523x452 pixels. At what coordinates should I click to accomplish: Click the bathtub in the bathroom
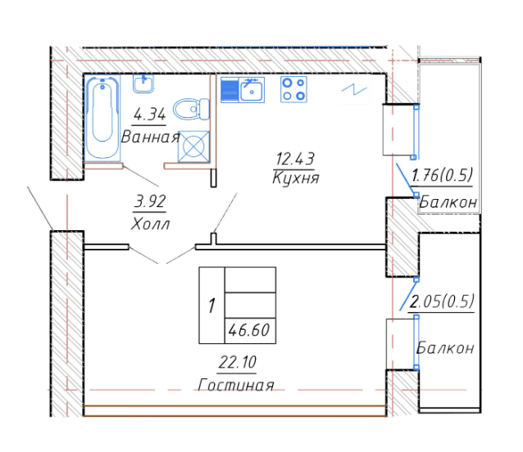pyautogui.click(x=102, y=117)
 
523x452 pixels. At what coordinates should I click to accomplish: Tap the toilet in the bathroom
pyautogui.click(x=192, y=109)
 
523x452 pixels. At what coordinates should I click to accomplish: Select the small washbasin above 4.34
pyautogui.click(x=143, y=84)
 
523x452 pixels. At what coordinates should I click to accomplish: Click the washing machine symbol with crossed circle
pyautogui.click(x=193, y=147)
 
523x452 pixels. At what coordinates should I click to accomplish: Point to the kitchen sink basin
pyautogui.click(x=252, y=90)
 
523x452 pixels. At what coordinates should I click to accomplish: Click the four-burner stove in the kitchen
pyautogui.click(x=293, y=89)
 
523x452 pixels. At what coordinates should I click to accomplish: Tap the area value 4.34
pyautogui.click(x=149, y=115)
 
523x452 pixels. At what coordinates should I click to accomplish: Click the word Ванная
pyautogui.click(x=151, y=137)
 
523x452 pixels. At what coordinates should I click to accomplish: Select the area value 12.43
pyautogui.click(x=294, y=159)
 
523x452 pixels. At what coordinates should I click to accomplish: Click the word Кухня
pyautogui.click(x=296, y=178)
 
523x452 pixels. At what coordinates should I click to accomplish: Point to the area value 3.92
pyautogui.click(x=150, y=201)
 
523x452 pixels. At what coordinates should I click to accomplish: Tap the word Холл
pyautogui.click(x=151, y=224)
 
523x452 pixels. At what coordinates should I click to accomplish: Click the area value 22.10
pyautogui.click(x=238, y=362)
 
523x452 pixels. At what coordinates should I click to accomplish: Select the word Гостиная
pyautogui.click(x=236, y=385)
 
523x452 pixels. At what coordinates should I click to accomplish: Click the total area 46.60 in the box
pyautogui.click(x=249, y=331)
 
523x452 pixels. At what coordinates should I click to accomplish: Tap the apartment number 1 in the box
pyautogui.click(x=211, y=305)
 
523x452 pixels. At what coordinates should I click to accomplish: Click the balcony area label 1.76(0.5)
pyautogui.click(x=443, y=175)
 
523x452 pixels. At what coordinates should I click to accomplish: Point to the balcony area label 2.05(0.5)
pyautogui.click(x=442, y=302)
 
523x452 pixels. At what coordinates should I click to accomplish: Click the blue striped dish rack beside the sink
pyautogui.click(x=230, y=90)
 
